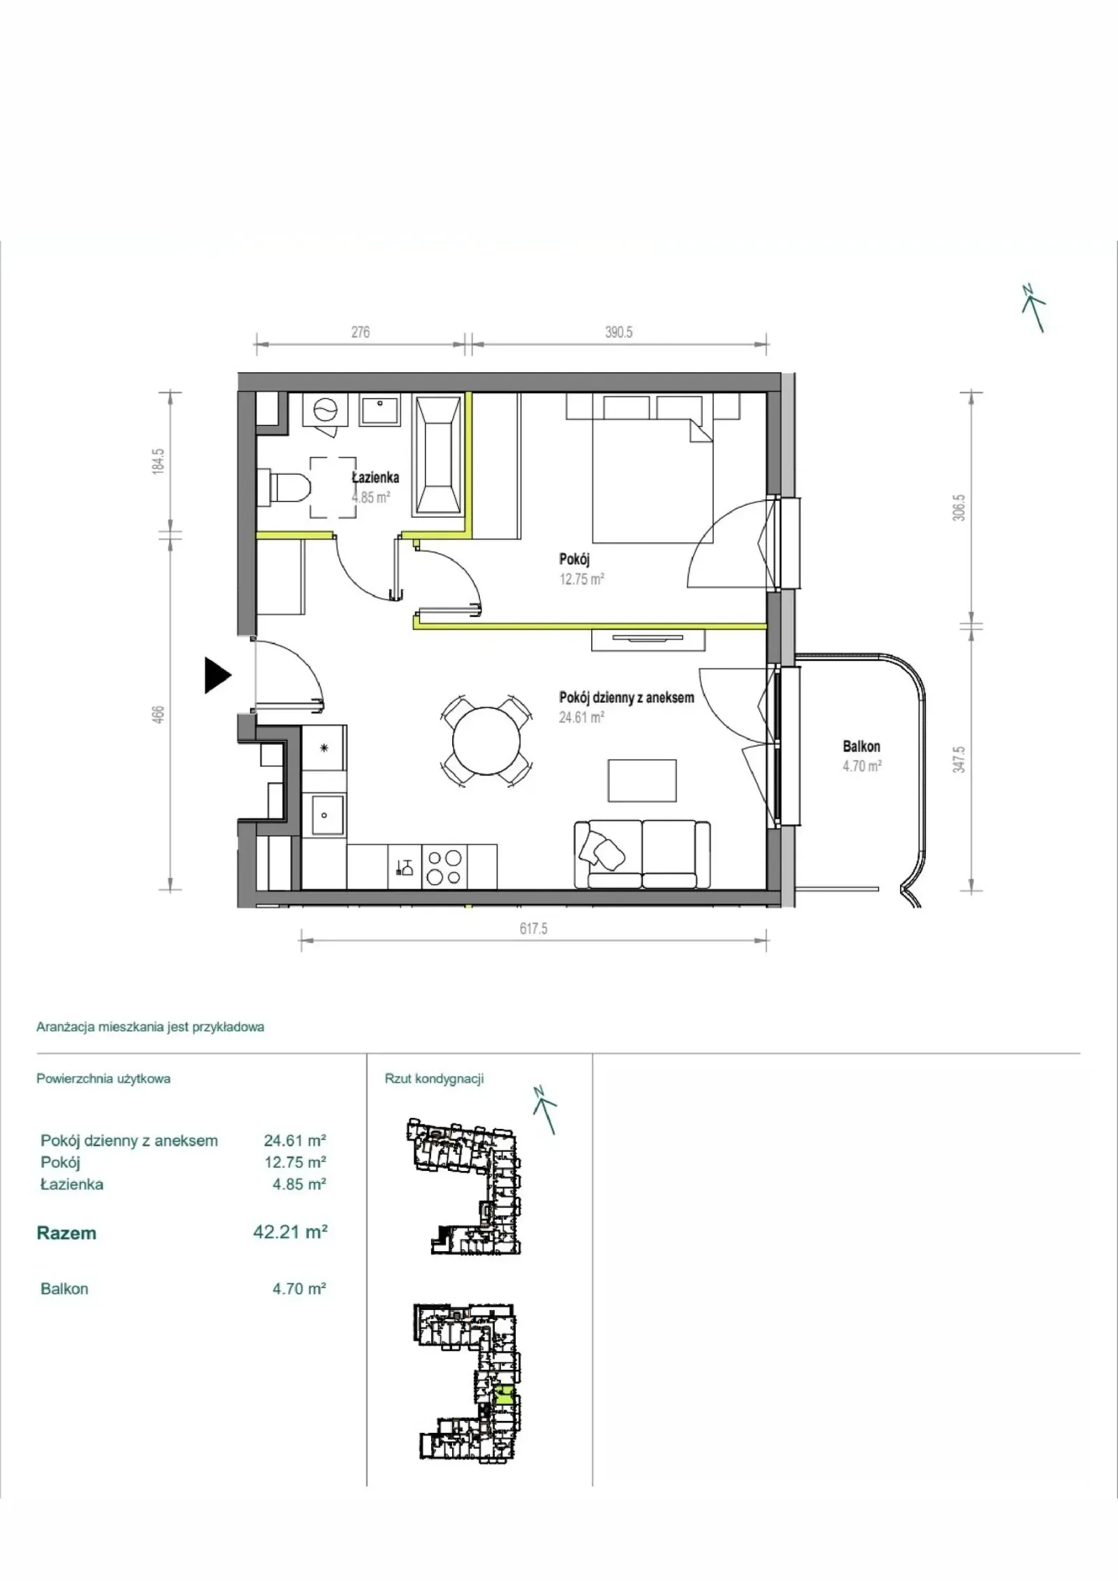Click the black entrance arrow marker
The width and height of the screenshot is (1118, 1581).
[217, 676]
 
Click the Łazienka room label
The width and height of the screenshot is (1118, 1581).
[375, 478]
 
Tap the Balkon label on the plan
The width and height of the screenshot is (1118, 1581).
[862, 746]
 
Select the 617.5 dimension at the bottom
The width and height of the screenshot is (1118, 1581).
[533, 928]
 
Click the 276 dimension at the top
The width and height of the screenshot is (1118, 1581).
[361, 333]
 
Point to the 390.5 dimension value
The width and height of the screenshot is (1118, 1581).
[619, 333]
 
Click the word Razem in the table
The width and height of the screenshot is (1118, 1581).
[66, 1233]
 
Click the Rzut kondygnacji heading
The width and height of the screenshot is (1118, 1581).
[434, 1079]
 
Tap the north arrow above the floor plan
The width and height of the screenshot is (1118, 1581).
[1034, 308]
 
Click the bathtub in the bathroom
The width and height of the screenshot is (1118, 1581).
[438, 456]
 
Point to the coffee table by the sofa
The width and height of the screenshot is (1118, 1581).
[642, 780]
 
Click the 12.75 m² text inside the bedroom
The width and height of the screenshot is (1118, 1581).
[581, 579]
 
